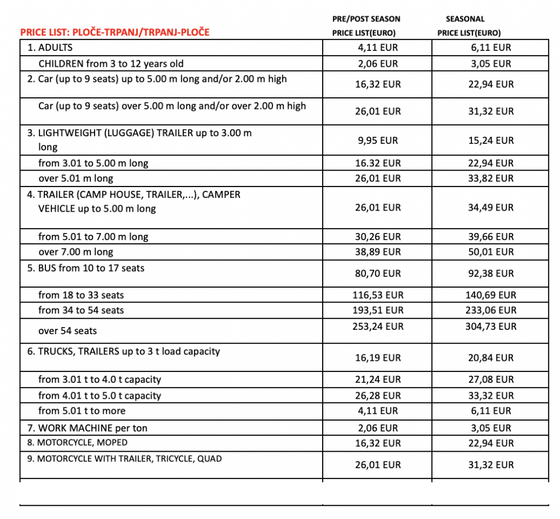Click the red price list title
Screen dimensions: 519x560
click(x=115, y=32)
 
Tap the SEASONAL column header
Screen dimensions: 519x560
click(x=469, y=26)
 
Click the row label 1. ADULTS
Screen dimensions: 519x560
click(x=50, y=48)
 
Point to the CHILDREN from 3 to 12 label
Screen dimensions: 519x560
click(x=111, y=64)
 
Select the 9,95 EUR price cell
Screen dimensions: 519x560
click(x=378, y=141)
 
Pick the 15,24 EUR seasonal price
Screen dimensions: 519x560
click(x=490, y=141)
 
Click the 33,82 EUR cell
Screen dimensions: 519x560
click(x=490, y=178)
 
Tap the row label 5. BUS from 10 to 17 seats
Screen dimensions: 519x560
click(x=87, y=268)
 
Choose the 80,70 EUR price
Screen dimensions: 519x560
click(x=378, y=273)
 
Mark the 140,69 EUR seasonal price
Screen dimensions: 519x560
click(x=490, y=295)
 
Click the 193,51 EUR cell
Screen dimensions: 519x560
click(x=378, y=310)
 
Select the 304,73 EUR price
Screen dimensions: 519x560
click(x=490, y=326)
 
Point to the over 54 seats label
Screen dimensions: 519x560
click(x=68, y=331)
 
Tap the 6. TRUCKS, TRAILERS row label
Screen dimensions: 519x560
click(x=124, y=351)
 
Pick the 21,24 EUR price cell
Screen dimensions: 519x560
click(x=378, y=379)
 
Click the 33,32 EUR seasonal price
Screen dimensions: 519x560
click(x=490, y=395)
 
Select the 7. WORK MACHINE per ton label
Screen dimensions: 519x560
click(x=87, y=428)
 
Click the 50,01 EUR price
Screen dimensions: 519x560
click(x=490, y=252)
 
